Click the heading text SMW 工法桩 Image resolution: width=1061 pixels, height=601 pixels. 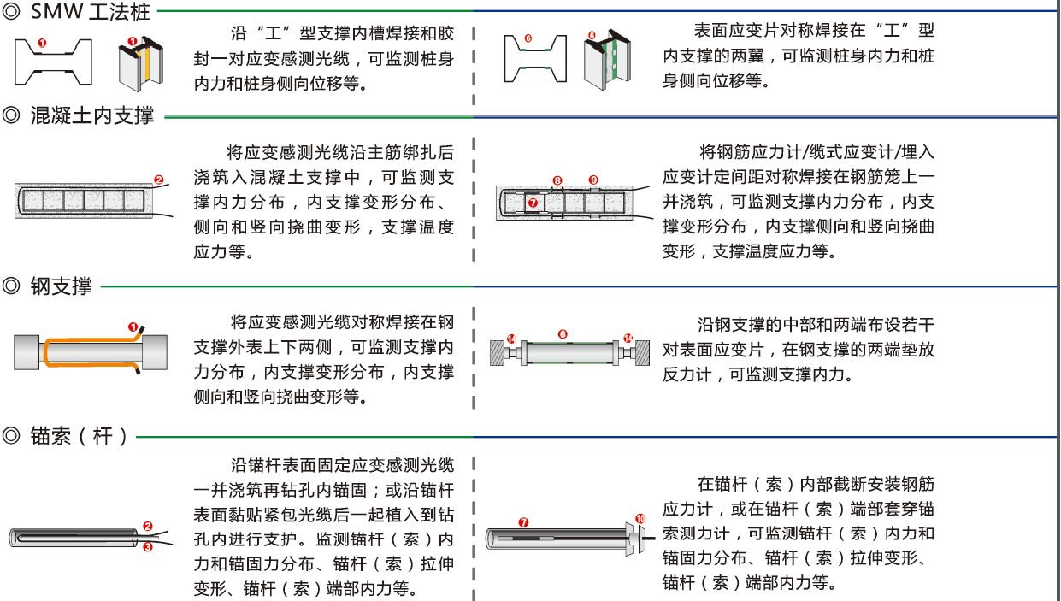(x=90, y=13)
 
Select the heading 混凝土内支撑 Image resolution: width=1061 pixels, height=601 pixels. (x=92, y=115)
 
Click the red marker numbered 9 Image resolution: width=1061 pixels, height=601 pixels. (x=593, y=180)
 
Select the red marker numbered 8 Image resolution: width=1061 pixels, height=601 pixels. (x=557, y=180)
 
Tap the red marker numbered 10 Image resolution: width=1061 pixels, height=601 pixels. (x=641, y=519)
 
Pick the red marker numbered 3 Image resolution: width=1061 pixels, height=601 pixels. (x=147, y=547)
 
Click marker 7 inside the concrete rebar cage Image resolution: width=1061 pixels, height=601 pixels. (x=533, y=203)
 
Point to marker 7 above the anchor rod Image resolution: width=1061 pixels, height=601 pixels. (x=524, y=521)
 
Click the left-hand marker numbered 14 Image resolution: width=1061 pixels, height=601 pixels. (x=511, y=339)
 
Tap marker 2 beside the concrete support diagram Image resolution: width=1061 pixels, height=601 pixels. (x=158, y=180)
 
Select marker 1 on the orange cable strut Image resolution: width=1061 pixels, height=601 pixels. (x=133, y=327)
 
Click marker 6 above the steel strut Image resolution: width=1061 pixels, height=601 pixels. (x=563, y=334)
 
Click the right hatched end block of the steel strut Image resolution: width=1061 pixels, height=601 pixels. (x=643, y=352)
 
